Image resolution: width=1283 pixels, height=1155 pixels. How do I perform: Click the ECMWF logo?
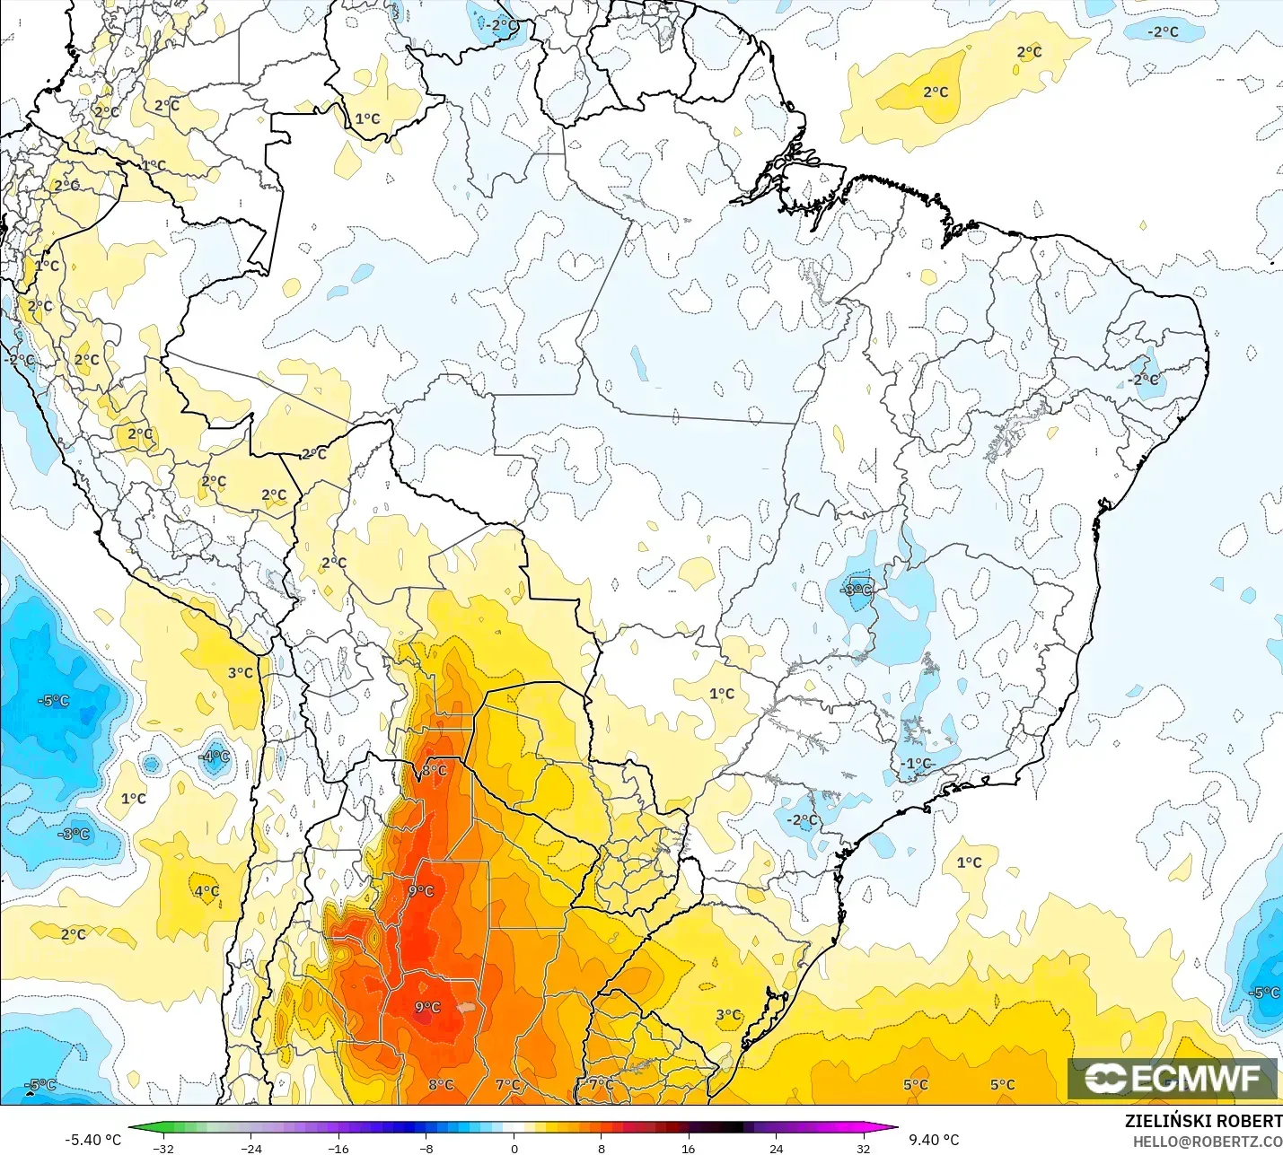click(1172, 1078)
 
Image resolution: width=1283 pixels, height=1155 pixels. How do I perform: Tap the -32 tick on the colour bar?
click(163, 1148)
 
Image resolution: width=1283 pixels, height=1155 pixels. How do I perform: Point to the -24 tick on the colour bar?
click(251, 1148)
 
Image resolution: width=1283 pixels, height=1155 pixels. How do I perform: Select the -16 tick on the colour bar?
click(338, 1148)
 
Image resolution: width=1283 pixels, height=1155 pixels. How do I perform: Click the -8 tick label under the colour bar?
click(426, 1148)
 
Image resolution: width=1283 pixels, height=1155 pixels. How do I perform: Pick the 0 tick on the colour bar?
click(514, 1148)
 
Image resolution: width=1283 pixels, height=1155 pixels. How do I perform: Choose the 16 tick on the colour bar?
click(689, 1148)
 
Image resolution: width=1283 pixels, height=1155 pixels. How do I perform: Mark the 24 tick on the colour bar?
click(776, 1148)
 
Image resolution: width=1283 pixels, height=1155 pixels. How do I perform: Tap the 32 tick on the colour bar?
click(863, 1148)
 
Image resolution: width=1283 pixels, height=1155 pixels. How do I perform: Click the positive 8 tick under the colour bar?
click(602, 1148)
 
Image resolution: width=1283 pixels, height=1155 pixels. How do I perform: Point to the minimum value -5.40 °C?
click(92, 1140)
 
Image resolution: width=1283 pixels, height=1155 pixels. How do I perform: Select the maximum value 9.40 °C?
click(934, 1140)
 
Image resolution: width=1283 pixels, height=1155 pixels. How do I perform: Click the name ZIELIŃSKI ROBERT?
click(1203, 1121)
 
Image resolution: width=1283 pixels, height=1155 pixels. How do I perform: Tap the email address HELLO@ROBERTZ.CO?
click(1207, 1142)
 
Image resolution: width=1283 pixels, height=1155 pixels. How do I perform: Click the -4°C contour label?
click(215, 757)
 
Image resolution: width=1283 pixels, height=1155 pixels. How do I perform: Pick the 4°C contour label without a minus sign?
click(207, 891)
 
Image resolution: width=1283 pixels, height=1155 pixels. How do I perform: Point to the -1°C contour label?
click(918, 764)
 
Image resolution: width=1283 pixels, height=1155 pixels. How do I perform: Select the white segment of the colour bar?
click(514, 1128)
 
